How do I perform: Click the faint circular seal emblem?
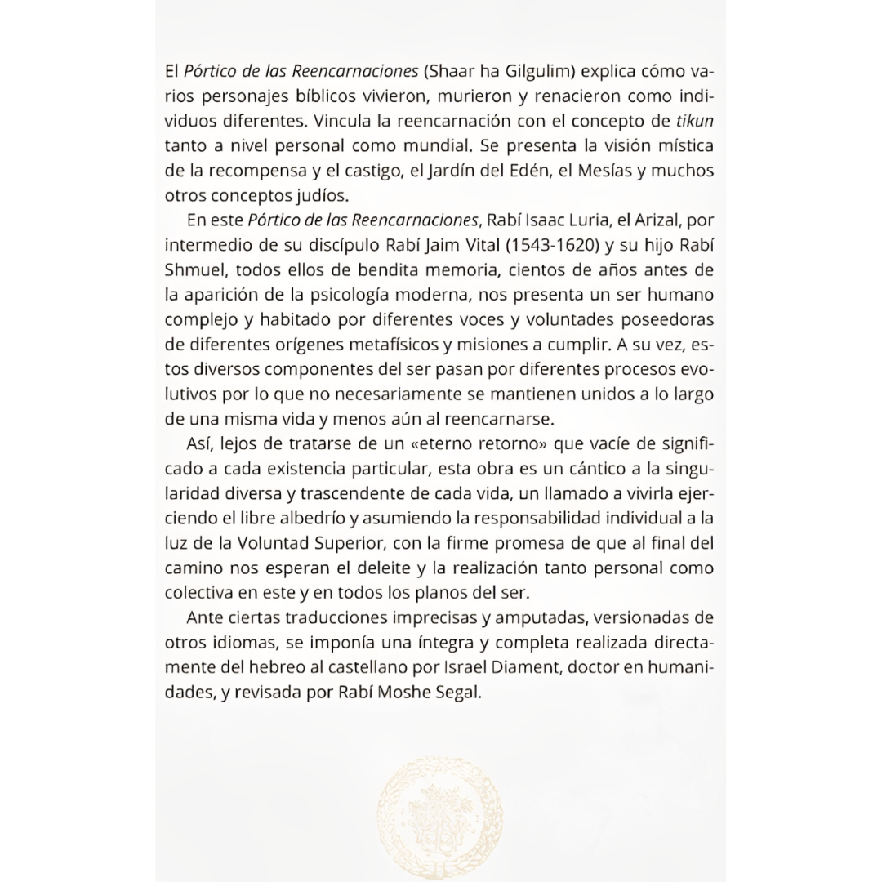441,812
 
